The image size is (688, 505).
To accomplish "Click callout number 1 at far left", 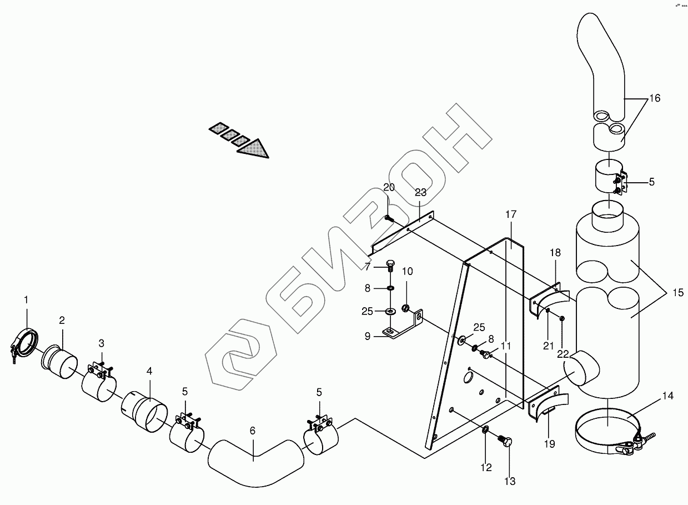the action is pyautogui.click(x=26, y=300).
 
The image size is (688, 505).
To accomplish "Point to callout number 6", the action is pyautogui.click(x=253, y=431).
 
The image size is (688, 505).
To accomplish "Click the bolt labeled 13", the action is pyautogui.click(x=506, y=443).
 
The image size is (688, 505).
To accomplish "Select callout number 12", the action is pyautogui.click(x=486, y=468).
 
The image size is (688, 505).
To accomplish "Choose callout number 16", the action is pyautogui.click(x=654, y=98).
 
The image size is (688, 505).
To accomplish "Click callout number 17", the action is pyautogui.click(x=511, y=214).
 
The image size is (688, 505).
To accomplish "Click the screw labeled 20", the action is pyautogui.click(x=389, y=218).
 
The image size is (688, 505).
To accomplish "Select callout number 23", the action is pyautogui.click(x=420, y=193).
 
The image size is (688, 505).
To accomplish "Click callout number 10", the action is pyautogui.click(x=407, y=271).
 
